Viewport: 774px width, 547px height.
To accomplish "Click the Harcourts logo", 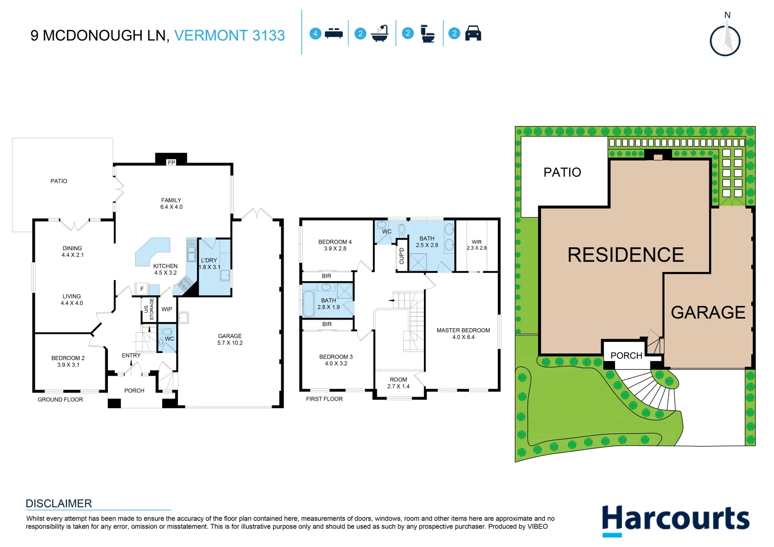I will pos(675,520).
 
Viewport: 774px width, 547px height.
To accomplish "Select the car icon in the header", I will pos(473,33).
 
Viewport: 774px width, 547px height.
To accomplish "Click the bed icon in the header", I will pos(333,33).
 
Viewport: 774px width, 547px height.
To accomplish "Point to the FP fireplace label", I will pos(171,163).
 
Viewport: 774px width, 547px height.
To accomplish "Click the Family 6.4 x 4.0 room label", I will pos(171,204).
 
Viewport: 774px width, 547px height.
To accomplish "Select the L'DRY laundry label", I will pos(209,263).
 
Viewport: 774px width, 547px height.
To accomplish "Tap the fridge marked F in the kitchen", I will pos(142,289).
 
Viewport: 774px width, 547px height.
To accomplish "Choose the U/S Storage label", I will pos(149,309).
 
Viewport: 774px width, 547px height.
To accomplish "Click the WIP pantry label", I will pos(167,309).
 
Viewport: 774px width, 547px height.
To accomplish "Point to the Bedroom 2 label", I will pos(68,361).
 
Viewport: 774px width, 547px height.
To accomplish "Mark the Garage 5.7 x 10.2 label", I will pos(230,339).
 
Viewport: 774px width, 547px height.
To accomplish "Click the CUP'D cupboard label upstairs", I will pos(402,256).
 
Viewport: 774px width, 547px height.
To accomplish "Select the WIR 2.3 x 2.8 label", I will pos(477,245).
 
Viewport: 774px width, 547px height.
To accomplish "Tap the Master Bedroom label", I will pos(463,333).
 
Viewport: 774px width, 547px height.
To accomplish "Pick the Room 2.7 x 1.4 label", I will pos(399,383).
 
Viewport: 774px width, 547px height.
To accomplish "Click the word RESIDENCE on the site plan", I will pos(626,255).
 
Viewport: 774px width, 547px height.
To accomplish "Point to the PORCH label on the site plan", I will pos(626,356).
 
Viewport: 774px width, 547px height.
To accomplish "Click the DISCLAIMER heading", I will pos(59,503).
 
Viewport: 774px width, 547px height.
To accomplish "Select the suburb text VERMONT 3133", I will pos(229,35).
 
